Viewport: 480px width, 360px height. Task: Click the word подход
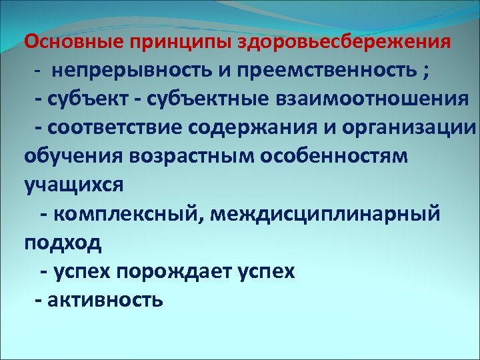point(63,243)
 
